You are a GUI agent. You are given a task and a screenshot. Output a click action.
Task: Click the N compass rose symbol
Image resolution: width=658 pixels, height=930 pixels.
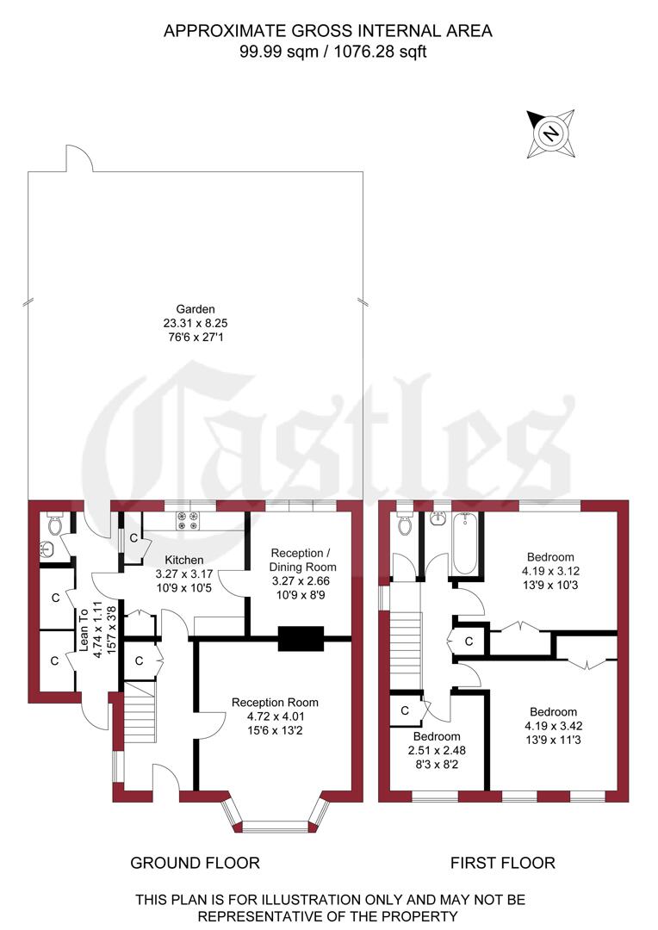point(551,134)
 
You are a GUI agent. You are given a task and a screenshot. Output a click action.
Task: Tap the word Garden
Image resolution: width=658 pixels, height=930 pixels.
point(196,308)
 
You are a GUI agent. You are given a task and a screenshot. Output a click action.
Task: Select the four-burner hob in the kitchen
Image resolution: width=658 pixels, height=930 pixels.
point(188,521)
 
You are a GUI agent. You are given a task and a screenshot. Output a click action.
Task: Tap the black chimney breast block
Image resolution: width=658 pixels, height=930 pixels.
point(301,638)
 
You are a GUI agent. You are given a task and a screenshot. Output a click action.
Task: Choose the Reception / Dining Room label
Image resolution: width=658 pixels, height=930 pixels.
point(303,560)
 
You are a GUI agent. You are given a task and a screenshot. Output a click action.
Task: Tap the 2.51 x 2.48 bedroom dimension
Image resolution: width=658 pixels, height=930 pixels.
point(436,751)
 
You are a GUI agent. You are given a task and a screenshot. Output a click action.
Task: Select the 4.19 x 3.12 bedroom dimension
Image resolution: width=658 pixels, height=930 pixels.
point(551,570)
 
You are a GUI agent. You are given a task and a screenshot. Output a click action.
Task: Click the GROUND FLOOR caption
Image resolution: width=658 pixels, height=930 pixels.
point(195,862)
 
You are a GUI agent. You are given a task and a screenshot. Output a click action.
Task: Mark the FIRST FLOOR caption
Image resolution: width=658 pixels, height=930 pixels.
point(503,862)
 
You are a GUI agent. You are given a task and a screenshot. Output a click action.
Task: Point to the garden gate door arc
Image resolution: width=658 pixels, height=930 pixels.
point(78,158)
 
